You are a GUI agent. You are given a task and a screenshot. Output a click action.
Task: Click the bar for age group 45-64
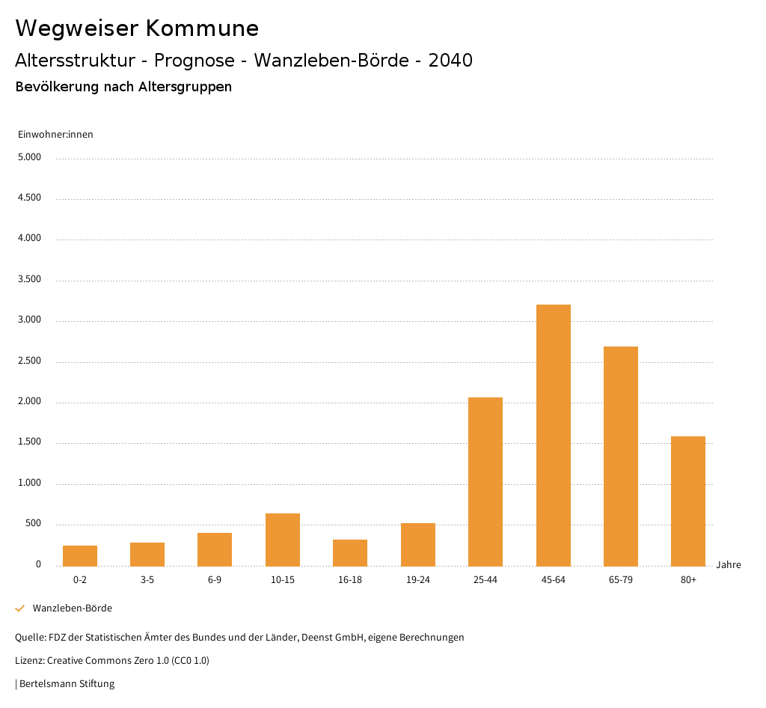tap(553, 435)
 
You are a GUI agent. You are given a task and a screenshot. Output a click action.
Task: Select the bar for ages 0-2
tap(80, 555)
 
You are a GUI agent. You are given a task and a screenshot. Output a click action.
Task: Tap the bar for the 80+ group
tap(688, 501)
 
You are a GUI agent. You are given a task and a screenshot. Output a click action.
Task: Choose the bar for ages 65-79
tap(621, 456)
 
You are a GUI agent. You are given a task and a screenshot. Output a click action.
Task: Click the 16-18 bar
tap(350, 552)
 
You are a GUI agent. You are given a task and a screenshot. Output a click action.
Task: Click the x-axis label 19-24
tap(417, 580)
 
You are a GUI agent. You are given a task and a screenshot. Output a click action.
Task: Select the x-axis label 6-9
tap(215, 580)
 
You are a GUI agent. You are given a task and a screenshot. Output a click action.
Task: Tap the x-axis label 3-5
tap(147, 580)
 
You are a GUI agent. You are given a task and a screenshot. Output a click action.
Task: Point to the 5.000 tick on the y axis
tap(29, 157)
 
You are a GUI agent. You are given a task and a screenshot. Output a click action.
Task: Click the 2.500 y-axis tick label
tap(29, 361)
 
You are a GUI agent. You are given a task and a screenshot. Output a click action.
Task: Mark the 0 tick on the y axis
tap(38, 564)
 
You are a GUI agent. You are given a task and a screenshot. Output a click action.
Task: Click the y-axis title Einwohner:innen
tap(55, 135)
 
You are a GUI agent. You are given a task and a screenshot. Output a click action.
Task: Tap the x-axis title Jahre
tap(729, 565)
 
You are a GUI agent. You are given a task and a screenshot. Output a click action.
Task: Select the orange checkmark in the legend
tap(20, 608)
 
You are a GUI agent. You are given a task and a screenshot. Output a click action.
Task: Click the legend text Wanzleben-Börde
tap(72, 608)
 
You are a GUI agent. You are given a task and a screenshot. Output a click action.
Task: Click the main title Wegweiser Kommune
tap(137, 28)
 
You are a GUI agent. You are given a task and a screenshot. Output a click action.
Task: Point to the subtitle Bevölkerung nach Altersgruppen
tap(123, 87)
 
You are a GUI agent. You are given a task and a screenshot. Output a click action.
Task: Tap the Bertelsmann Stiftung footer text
tap(65, 683)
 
